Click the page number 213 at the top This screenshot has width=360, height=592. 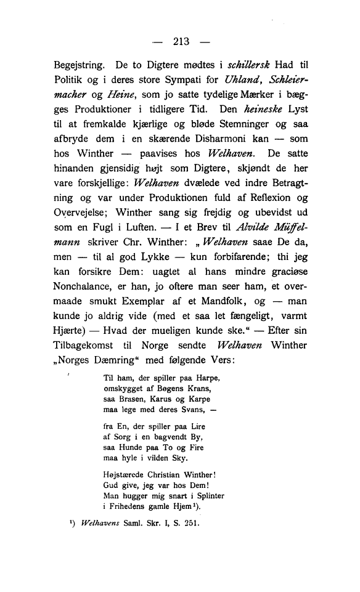pos(180,43)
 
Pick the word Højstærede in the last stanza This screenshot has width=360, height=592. pos(126,474)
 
